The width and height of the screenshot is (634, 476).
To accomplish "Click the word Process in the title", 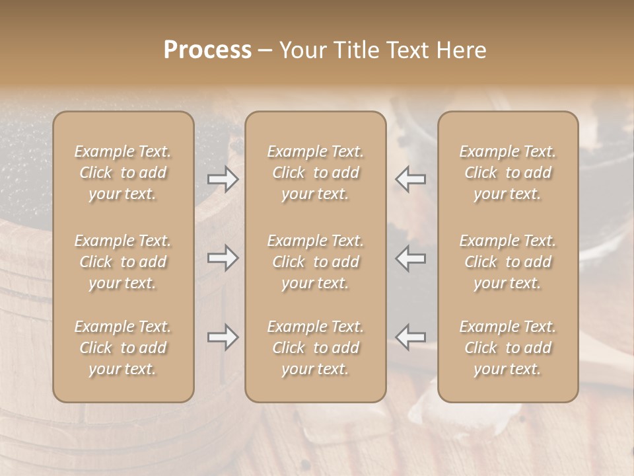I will [x=207, y=50].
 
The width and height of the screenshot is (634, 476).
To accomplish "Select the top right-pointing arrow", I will [x=223, y=179].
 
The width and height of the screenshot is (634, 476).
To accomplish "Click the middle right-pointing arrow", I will [x=223, y=258].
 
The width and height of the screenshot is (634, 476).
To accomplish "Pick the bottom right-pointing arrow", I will [x=223, y=337].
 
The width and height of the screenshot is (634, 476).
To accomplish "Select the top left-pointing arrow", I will [x=410, y=179].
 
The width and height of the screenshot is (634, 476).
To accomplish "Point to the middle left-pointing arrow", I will [x=410, y=258].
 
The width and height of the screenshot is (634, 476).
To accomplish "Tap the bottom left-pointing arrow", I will [x=410, y=337].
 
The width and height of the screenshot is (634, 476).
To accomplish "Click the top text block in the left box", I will [x=123, y=173].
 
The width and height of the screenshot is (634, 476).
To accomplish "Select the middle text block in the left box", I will [x=123, y=262].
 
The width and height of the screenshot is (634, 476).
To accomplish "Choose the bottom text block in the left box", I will [x=123, y=348].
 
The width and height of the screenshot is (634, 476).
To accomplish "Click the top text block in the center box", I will [x=315, y=173].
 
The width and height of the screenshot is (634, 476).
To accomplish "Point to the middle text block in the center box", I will [x=315, y=262].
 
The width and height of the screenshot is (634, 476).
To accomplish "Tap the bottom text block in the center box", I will [x=315, y=348].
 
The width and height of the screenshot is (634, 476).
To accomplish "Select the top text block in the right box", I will [x=507, y=173].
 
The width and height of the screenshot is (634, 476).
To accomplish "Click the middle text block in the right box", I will [x=507, y=262].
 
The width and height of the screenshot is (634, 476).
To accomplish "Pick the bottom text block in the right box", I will [x=507, y=348].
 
